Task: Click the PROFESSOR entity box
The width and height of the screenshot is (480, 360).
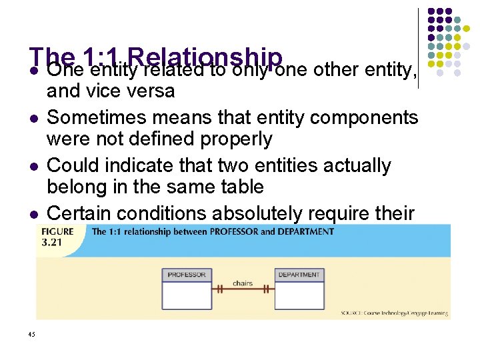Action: (x=187, y=288)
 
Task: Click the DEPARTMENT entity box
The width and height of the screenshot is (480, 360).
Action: (x=299, y=288)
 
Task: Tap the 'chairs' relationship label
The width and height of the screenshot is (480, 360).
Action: (x=243, y=283)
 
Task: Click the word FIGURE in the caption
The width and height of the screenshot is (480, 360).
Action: (x=56, y=231)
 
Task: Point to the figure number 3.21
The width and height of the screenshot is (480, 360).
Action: (x=51, y=242)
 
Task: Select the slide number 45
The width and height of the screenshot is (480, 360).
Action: (x=32, y=334)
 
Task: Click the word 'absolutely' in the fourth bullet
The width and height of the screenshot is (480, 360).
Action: (x=262, y=213)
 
